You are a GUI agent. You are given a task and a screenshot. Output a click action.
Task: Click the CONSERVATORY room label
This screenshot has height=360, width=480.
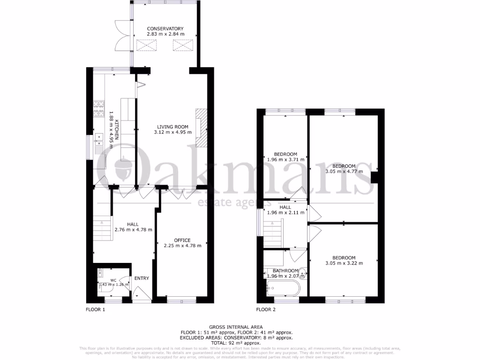pyautogui.click(x=165, y=29)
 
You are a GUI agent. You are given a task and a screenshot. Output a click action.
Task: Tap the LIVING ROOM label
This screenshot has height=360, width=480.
pyautogui.click(x=172, y=127)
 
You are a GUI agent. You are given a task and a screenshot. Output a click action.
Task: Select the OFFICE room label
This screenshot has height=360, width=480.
pyautogui.click(x=182, y=240)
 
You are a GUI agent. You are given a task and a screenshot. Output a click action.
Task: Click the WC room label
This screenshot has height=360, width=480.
pyautogui.click(x=113, y=280)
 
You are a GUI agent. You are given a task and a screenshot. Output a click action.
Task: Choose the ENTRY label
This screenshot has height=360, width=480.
pyautogui.click(x=142, y=278)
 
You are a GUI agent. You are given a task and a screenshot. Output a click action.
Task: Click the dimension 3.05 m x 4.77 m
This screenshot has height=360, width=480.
pyautogui.click(x=344, y=172)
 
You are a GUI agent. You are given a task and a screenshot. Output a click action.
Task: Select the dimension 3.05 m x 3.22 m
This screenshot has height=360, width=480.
pyautogui.click(x=344, y=263)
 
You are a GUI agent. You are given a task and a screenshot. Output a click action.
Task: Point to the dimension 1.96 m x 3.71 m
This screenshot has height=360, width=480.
pyautogui.click(x=285, y=159)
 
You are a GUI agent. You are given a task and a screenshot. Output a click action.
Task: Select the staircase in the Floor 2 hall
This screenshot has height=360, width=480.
pyautogui.click(x=272, y=232)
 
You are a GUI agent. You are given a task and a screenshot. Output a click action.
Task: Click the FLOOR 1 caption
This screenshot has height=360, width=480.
pyautogui.click(x=95, y=310)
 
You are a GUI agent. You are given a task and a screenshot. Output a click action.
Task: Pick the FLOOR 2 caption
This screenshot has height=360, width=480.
pyautogui.click(x=266, y=310)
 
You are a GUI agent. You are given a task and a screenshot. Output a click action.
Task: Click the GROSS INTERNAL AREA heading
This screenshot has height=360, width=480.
pyautogui.click(x=236, y=327)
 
